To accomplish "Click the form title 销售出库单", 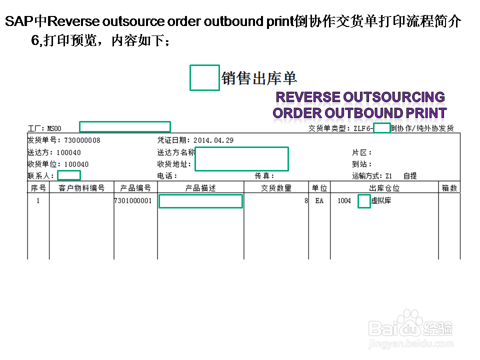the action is click(259, 78).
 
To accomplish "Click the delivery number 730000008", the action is click(82, 140).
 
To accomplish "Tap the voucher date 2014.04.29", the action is click(213, 140).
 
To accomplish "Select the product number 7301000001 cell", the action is click(133, 201).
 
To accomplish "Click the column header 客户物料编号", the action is click(81, 188).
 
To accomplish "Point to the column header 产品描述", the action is click(200, 188).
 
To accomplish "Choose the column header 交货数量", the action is click(276, 188).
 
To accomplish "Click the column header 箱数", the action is click(449, 188).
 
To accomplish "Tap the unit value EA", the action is click(319, 201).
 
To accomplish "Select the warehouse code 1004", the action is click(344, 201).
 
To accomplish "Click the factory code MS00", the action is click(54, 128).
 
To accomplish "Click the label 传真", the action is click(264, 176).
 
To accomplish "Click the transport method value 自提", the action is click(410, 176).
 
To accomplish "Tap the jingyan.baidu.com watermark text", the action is click(411, 344).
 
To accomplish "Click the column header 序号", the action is click(38, 188).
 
